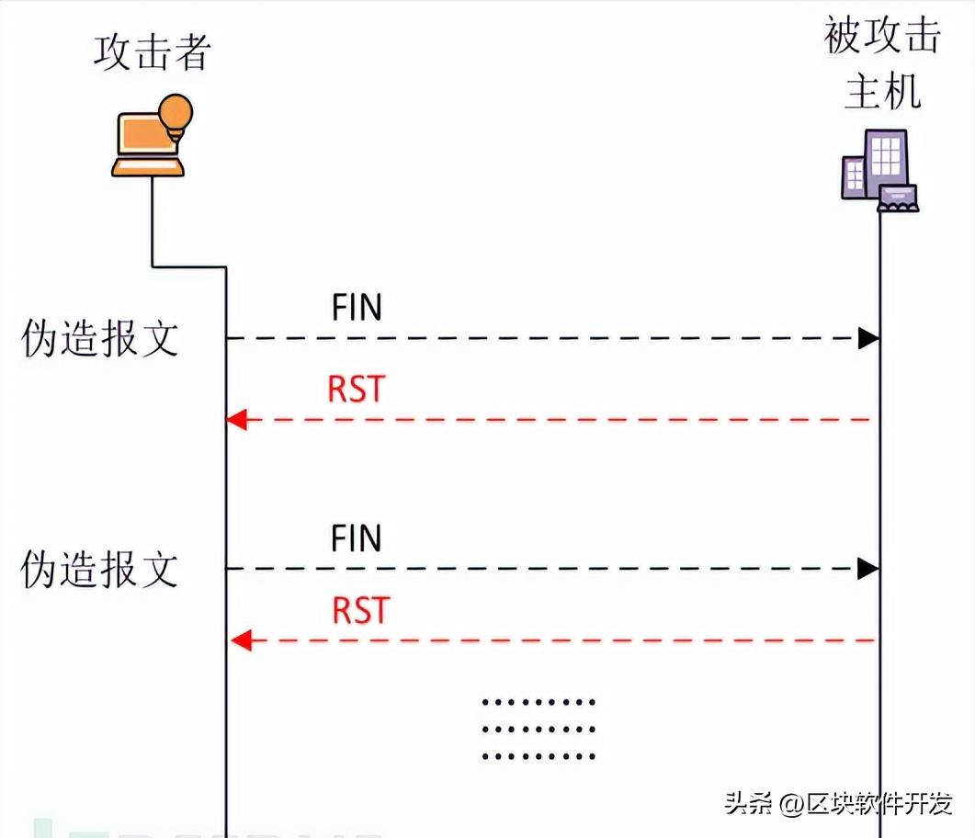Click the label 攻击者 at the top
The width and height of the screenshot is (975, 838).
pos(152,52)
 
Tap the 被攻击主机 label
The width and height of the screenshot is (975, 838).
pos(882,64)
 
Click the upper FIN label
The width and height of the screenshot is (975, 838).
pos(357,308)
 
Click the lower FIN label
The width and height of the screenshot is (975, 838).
pos(357,538)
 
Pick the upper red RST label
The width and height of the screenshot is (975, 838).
pos(357,390)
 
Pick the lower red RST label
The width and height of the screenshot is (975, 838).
pos(360,610)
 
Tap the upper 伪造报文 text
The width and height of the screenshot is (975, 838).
pos(99,339)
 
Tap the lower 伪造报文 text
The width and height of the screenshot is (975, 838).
pos(99,570)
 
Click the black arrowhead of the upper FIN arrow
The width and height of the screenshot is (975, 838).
pos(868,338)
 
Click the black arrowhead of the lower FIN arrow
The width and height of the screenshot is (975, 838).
pos(868,569)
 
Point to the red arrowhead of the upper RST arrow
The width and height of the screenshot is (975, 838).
pos(237,420)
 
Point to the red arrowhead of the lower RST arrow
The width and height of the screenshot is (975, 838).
pos(240,640)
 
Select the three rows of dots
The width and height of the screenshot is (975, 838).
pos(539,729)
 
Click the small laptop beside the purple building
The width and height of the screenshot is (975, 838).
pos(898,198)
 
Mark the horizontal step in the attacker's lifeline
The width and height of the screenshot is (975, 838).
pos(188,267)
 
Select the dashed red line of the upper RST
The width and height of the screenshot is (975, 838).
pos(551,420)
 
